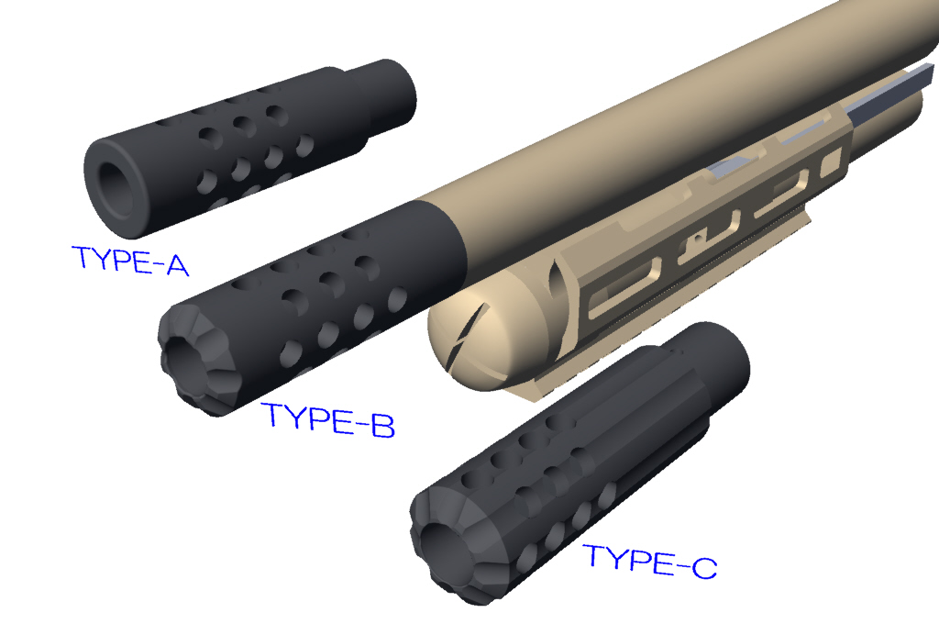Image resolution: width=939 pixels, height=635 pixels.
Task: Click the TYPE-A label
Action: click(x=130, y=261)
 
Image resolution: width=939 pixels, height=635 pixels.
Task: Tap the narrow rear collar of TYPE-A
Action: click(x=383, y=95)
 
